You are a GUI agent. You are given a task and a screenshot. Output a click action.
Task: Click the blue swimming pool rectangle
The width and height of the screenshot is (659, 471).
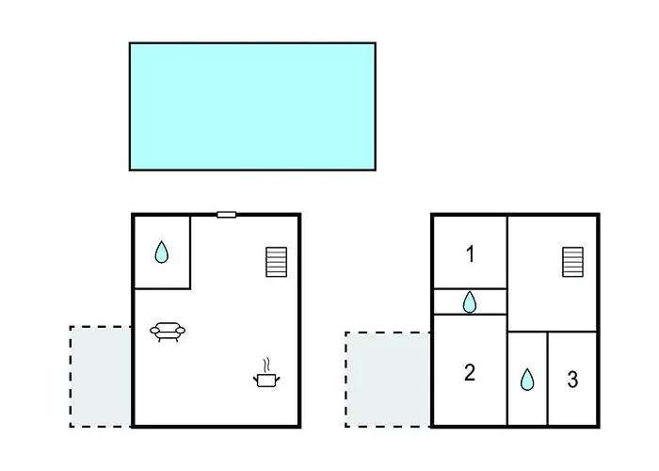tap(252, 106)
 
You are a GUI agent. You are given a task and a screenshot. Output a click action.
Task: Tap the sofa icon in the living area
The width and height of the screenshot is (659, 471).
tap(168, 332)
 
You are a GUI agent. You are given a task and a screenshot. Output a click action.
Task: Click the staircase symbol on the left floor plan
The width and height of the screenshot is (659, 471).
tap(277, 262)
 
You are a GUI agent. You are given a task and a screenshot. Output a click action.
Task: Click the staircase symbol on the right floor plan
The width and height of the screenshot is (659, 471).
tap(572, 262)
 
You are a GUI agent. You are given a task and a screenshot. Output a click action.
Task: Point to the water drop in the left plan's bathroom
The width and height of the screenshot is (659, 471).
tap(161, 252)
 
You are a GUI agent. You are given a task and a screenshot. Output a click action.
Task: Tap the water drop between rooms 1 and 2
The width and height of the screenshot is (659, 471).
tap(470, 302)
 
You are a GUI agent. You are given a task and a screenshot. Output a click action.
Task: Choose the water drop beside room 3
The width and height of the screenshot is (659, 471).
tap(527, 380)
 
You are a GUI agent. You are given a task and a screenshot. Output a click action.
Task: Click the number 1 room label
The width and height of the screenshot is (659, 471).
tap(471, 254)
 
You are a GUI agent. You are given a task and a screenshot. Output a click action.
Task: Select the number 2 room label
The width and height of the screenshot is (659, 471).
tap(470, 373)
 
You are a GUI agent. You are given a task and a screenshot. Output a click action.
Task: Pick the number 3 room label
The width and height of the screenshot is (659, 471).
tap(572, 380)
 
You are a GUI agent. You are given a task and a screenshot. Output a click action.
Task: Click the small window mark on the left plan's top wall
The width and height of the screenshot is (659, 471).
tap(226, 215)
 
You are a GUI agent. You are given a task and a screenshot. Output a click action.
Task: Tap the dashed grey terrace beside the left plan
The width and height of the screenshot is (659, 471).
tap(101, 377)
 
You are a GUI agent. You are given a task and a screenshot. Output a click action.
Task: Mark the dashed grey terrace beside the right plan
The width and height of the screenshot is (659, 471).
tap(388, 380)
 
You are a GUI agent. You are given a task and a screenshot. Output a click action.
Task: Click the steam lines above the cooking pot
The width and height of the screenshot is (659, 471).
tap(266, 365)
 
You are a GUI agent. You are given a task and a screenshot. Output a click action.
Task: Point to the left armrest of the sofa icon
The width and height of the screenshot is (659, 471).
tap(154, 331)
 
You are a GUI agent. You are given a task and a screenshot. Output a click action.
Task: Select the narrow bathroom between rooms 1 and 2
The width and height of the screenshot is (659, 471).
tap(470, 301)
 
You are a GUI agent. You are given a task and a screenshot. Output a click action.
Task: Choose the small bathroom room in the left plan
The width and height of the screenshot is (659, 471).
tap(162, 252)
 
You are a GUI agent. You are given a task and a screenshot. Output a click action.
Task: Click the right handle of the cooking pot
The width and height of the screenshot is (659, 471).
tap(277, 380)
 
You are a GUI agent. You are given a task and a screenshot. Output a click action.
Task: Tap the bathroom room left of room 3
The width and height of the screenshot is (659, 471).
tap(527, 379)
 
